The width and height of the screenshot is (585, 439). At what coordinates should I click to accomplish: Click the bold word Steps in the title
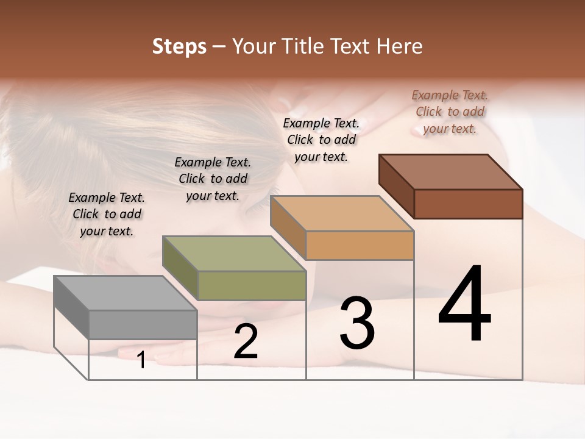[x=179, y=46]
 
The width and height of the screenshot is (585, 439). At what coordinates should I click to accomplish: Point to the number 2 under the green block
[x=246, y=341]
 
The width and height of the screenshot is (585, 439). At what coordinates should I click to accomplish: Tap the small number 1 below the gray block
[x=141, y=360]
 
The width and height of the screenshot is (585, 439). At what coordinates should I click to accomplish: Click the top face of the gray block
[x=125, y=293]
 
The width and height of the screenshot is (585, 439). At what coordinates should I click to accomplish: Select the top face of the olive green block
[x=234, y=254]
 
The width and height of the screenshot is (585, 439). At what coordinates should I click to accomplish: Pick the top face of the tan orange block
[x=342, y=213]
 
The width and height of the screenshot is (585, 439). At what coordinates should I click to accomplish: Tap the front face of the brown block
[x=468, y=204]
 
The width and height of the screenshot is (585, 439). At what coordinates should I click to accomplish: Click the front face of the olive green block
[x=252, y=285]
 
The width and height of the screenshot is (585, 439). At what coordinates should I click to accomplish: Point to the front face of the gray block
[x=143, y=324]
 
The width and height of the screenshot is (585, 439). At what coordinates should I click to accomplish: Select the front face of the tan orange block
[x=360, y=245]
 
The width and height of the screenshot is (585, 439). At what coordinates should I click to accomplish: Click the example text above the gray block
[x=107, y=214]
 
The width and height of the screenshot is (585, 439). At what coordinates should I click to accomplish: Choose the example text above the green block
[x=213, y=179]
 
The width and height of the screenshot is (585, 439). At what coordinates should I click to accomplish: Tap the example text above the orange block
[x=321, y=140]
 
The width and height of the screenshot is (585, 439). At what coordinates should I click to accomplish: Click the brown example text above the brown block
[x=450, y=112]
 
